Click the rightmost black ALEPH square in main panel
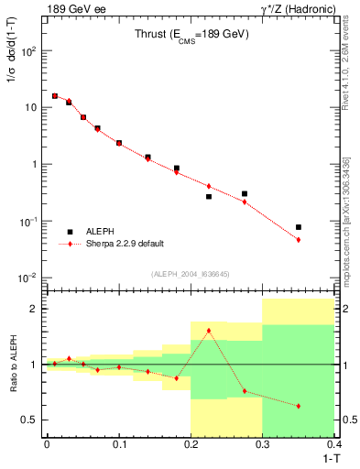click(x=299, y=227)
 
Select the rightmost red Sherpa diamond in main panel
click(x=299, y=240)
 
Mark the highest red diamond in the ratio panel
click(x=209, y=331)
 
